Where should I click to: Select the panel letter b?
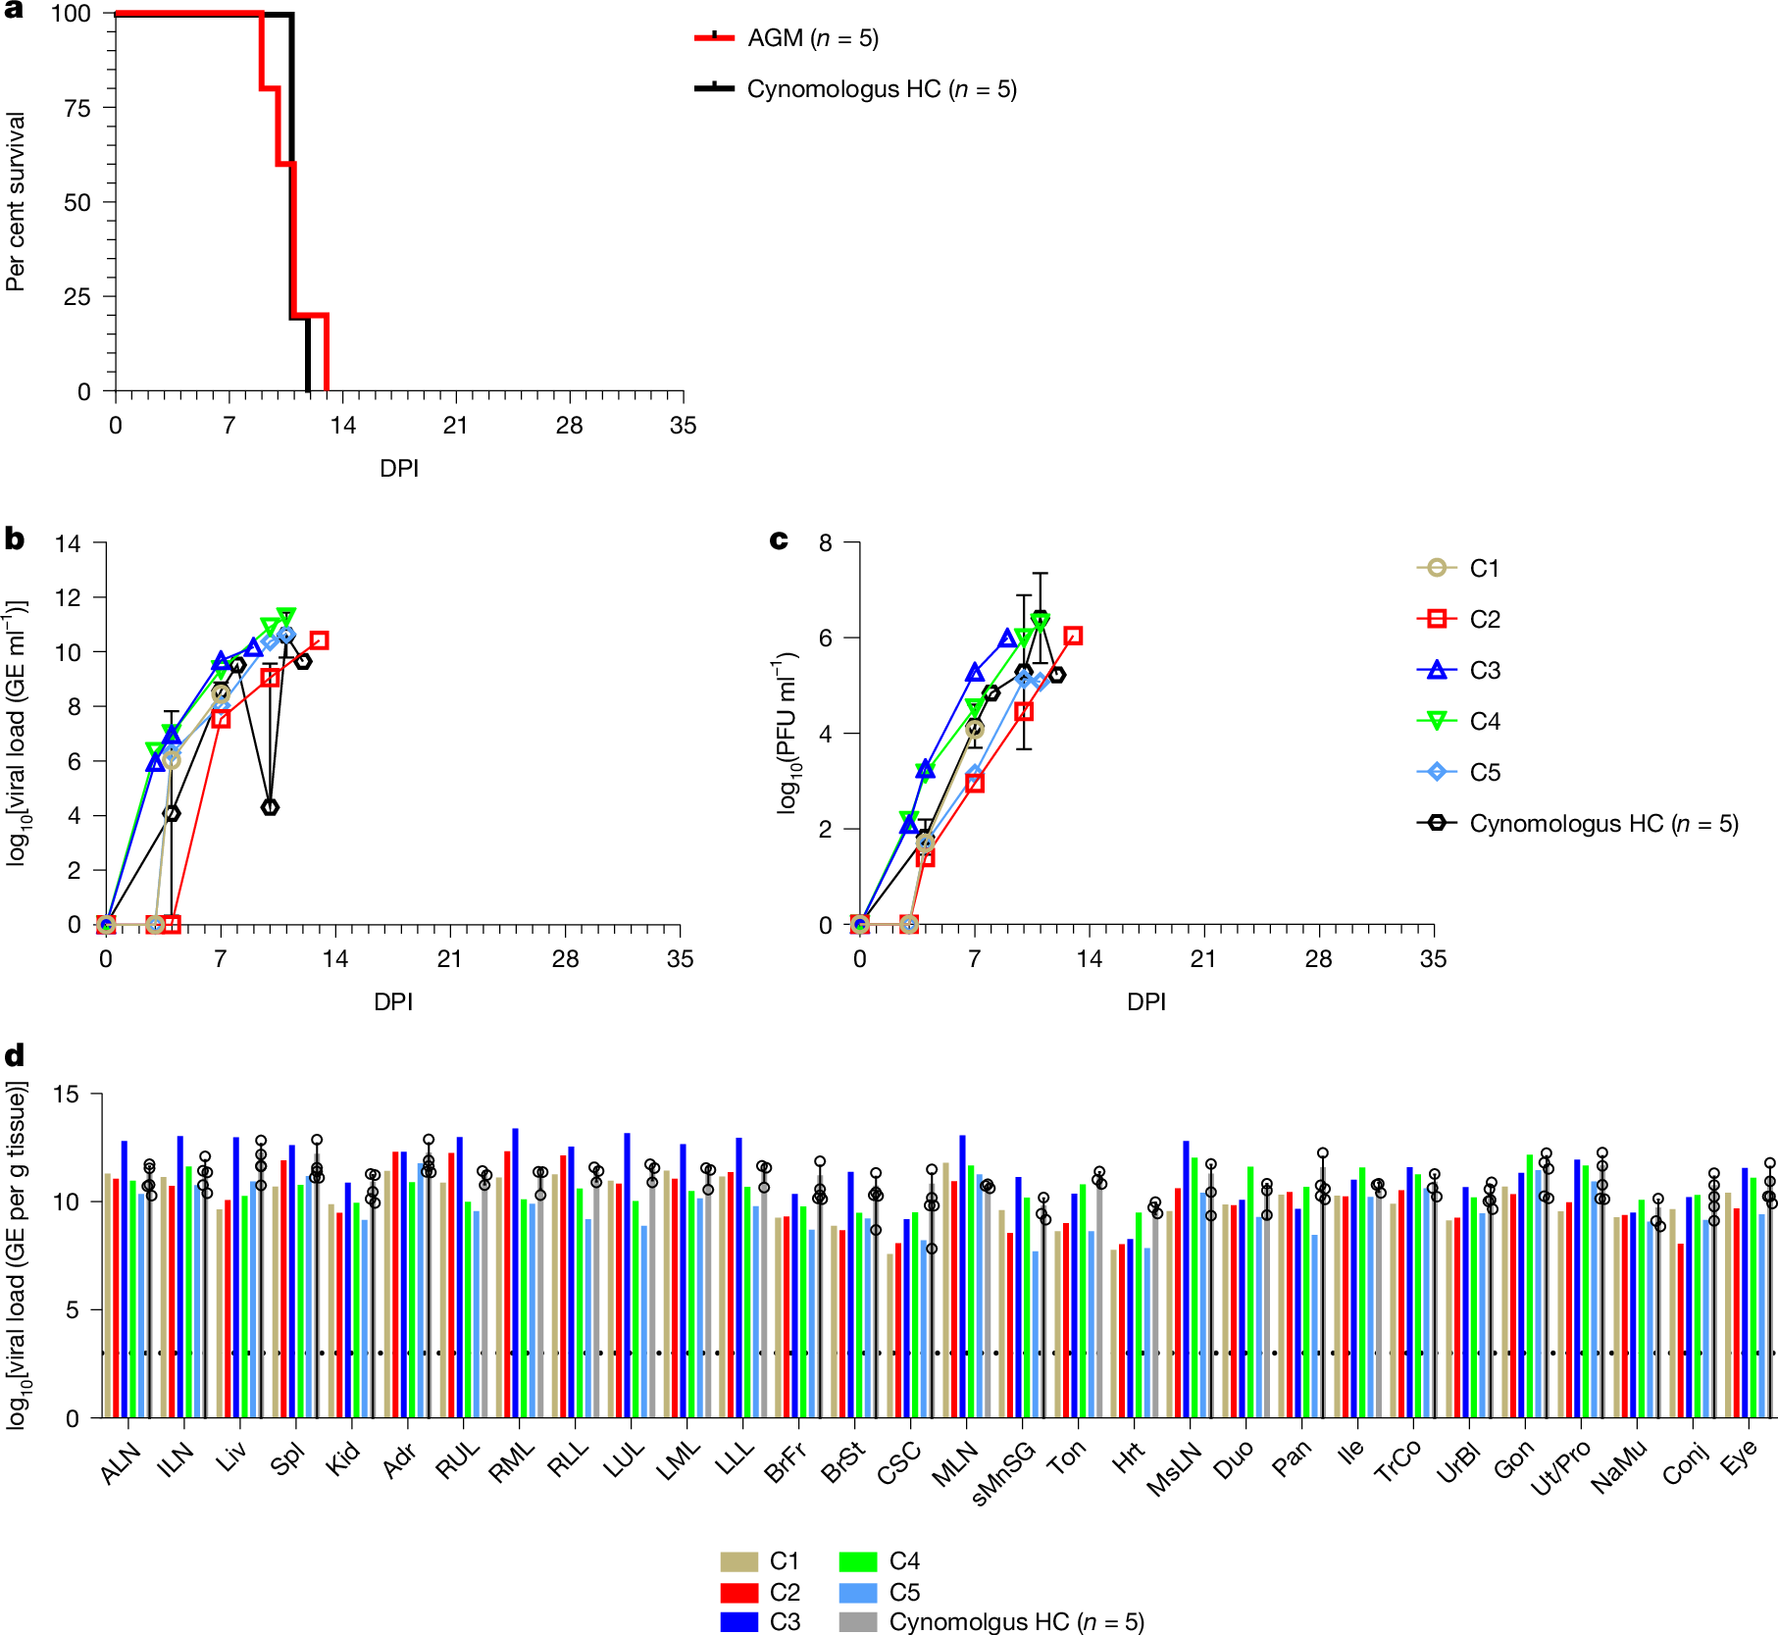14,538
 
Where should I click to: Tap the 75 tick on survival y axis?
77,108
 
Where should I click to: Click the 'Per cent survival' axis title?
15,202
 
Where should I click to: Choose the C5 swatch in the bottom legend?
858,1593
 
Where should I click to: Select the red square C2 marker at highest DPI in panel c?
1073,636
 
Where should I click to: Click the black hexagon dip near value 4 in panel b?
270,807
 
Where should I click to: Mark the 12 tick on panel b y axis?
68,597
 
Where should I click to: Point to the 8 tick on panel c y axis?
825,543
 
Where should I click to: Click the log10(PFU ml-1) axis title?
787,733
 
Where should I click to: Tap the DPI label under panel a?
398,469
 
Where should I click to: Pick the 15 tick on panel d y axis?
66,1094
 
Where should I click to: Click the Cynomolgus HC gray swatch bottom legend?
858,1622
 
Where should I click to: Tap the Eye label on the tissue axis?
1739,1458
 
